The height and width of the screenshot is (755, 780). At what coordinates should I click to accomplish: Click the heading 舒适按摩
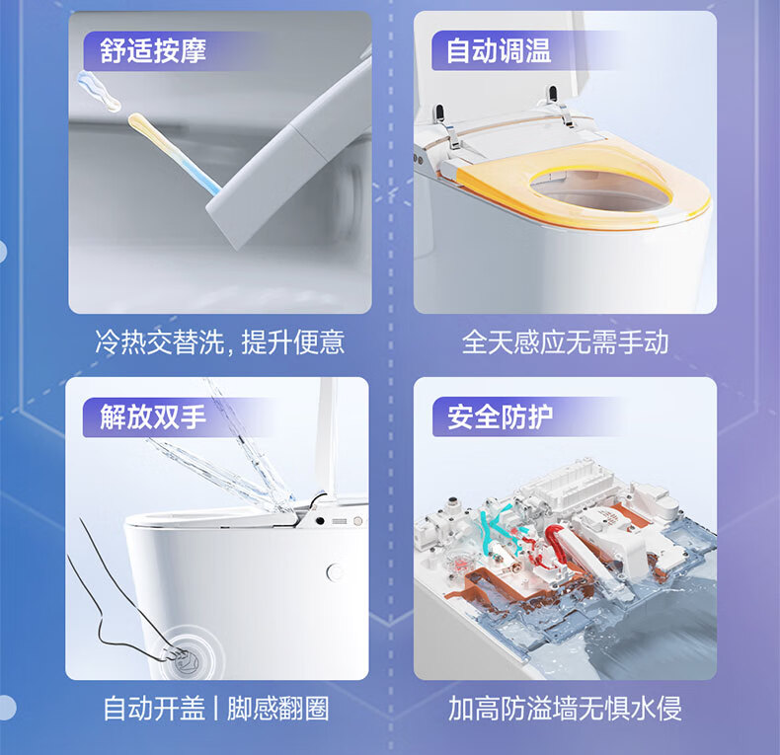(x=153, y=50)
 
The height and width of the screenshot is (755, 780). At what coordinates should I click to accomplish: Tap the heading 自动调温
(x=499, y=50)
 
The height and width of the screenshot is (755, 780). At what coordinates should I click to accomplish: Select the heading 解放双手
(x=153, y=416)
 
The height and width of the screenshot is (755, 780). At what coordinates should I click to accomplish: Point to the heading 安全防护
(x=500, y=416)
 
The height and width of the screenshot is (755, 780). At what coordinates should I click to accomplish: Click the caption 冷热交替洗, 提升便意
(x=219, y=342)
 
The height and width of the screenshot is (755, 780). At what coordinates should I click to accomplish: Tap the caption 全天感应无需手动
(x=565, y=342)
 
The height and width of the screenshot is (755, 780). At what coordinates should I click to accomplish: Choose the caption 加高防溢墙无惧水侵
(x=565, y=709)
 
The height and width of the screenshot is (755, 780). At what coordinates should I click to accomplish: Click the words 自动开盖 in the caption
(x=154, y=709)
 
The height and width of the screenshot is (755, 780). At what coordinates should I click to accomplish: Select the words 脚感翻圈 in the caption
(x=278, y=709)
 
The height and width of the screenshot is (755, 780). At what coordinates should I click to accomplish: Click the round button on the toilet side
(x=336, y=572)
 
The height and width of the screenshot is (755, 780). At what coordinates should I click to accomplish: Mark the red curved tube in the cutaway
(x=557, y=545)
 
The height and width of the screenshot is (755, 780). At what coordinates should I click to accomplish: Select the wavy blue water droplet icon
(x=99, y=91)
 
